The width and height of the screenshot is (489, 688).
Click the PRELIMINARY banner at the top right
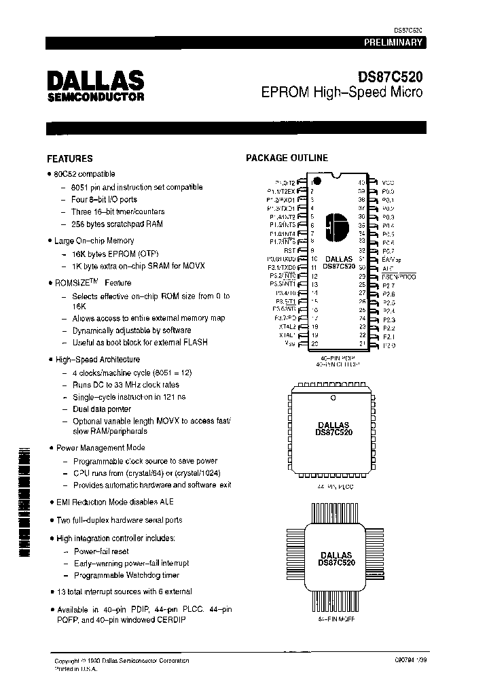(x=393, y=42)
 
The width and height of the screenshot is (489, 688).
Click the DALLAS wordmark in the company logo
(x=95, y=80)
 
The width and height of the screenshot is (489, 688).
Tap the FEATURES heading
(x=69, y=158)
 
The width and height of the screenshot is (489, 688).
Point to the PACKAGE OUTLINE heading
(x=287, y=158)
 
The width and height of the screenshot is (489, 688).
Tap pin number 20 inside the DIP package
(x=314, y=343)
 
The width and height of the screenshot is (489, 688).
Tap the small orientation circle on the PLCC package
(x=333, y=397)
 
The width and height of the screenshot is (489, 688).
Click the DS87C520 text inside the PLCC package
(x=333, y=432)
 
